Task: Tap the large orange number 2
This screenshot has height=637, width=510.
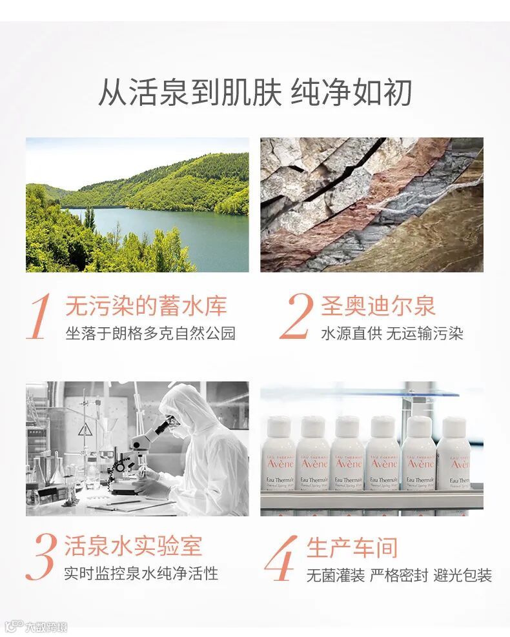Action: pyautogui.click(x=297, y=316)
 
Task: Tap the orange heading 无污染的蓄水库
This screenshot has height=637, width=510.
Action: pyautogui.click(x=147, y=306)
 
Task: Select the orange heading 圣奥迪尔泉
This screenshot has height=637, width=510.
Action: pyautogui.click(x=378, y=305)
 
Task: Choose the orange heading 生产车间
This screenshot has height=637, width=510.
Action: pyautogui.click(x=352, y=547)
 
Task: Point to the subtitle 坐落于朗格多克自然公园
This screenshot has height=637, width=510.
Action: pyautogui.click(x=151, y=333)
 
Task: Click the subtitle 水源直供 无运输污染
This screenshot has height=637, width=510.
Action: pyautogui.click(x=392, y=334)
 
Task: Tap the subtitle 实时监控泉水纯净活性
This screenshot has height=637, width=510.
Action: pyautogui.click(x=141, y=573)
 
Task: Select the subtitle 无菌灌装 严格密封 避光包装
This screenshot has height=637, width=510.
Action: pyautogui.click(x=400, y=575)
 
